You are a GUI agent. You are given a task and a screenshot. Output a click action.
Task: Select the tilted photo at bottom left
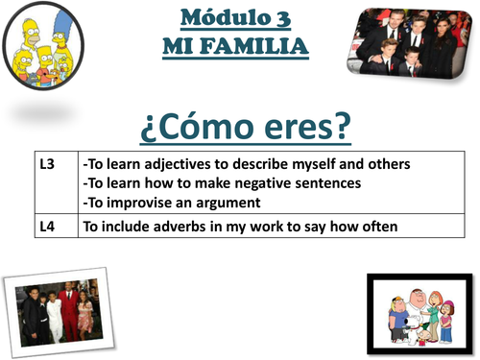(54, 310)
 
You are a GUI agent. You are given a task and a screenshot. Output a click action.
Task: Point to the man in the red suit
(66, 306)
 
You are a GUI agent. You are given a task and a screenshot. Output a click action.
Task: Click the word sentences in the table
(326, 182)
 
